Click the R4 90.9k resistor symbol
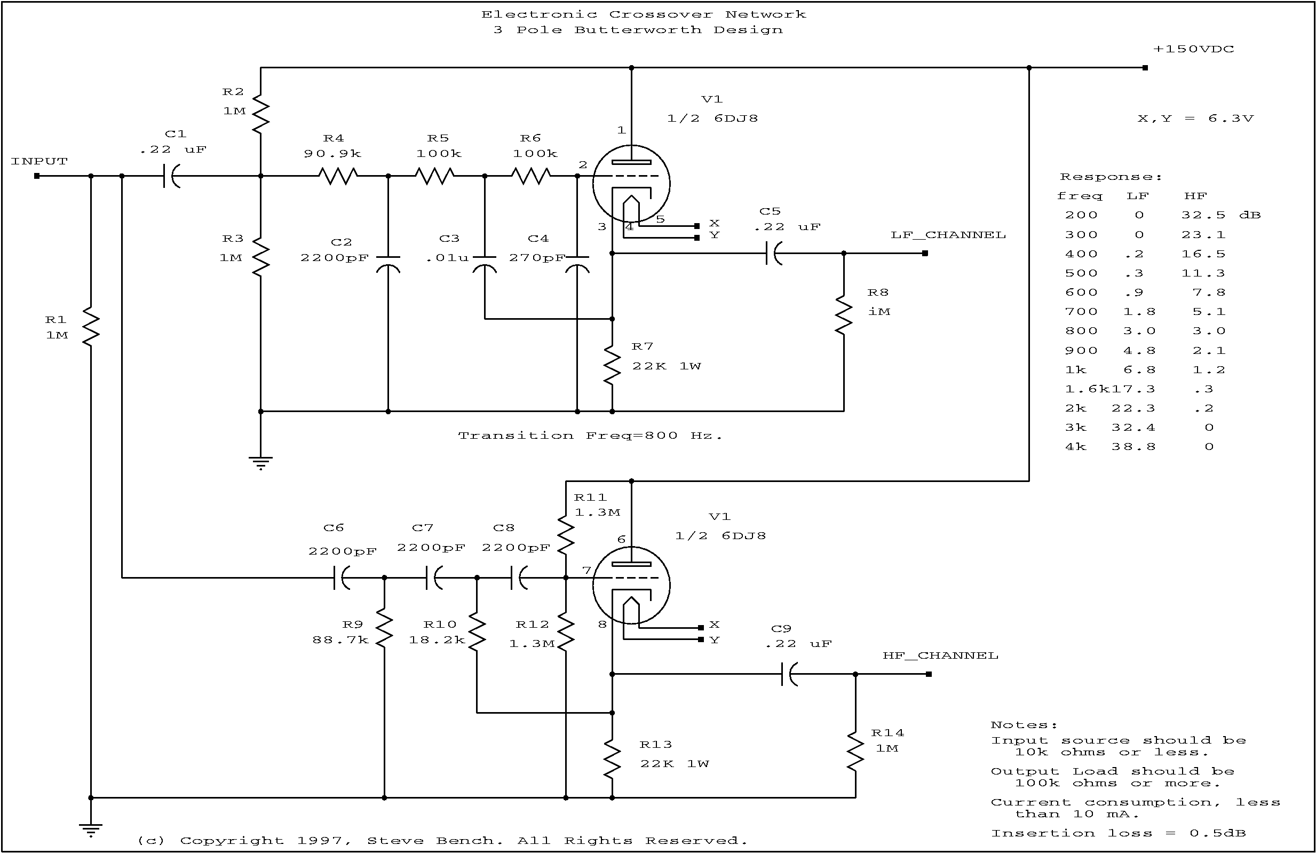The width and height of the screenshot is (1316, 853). (x=338, y=176)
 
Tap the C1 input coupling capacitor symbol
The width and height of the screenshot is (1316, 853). (x=172, y=176)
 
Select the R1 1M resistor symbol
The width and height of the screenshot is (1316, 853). (x=91, y=327)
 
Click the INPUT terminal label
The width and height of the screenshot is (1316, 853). (x=39, y=162)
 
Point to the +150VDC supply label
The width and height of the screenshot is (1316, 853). (x=1193, y=49)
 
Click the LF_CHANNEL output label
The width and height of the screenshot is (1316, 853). (x=948, y=235)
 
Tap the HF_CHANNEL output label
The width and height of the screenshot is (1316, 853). (x=940, y=655)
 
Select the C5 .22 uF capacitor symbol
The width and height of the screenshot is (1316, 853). (x=774, y=254)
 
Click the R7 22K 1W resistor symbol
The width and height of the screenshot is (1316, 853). (x=612, y=365)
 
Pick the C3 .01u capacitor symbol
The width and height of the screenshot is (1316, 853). (x=485, y=264)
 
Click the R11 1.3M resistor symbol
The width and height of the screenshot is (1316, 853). (x=566, y=535)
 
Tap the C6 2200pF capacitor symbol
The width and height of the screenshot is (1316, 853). (x=342, y=578)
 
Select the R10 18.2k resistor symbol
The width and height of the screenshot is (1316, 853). (x=477, y=630)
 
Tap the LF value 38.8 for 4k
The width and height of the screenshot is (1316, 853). (x=1133, y=446)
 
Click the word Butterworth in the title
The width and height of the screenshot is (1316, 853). (x=638, y=30)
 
